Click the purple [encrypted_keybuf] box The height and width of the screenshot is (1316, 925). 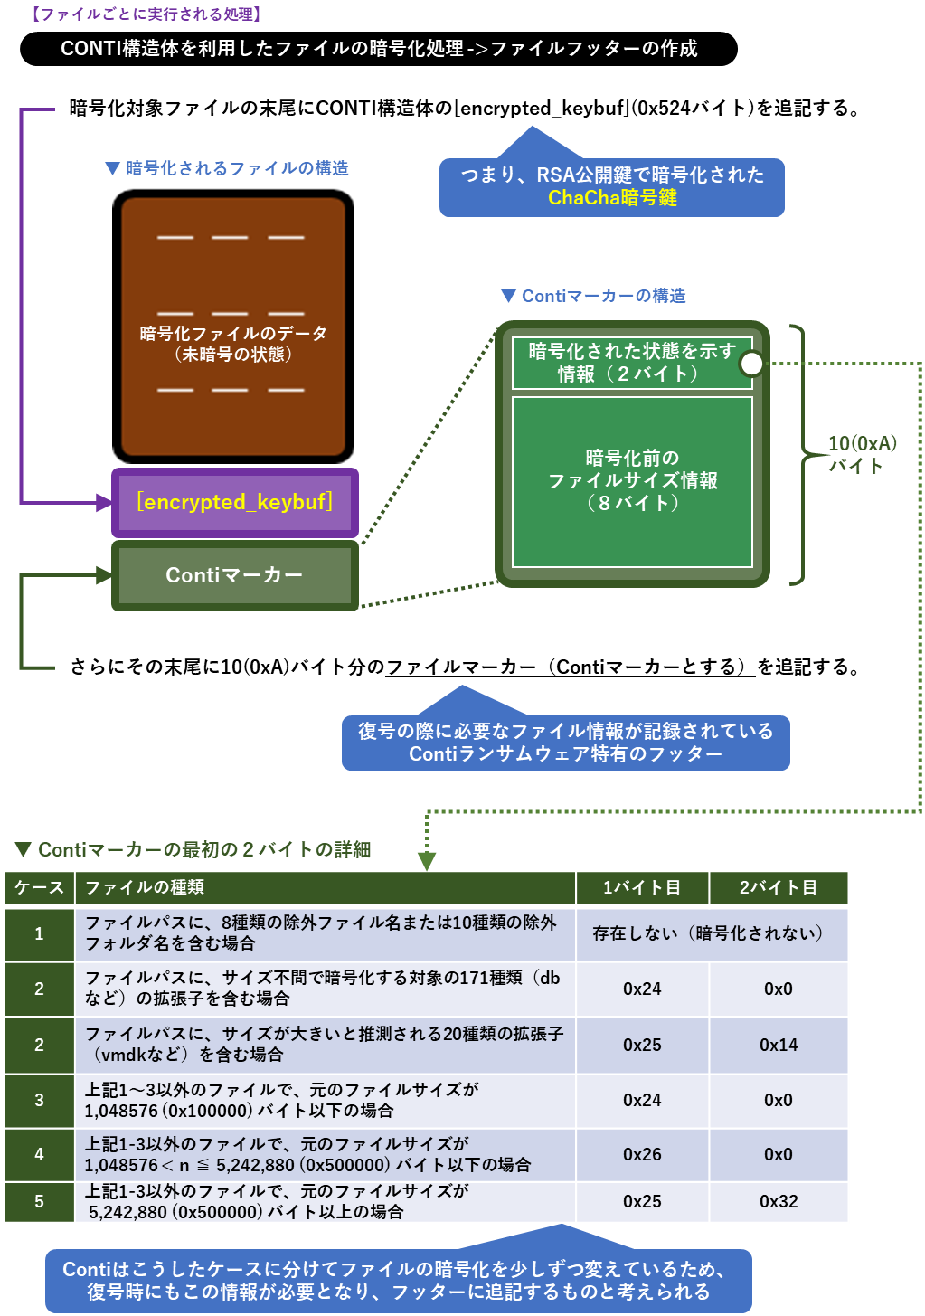coord(234,502)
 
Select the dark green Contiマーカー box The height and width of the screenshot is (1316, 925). coord(234,575)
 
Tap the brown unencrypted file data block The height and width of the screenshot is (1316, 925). coord(233,327)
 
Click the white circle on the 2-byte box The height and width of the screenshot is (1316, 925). coord(751,364)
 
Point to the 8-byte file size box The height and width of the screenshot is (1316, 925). coord(632,481)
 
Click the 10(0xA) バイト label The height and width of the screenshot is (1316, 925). coord(862,454)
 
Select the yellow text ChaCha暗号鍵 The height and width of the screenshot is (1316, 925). coord(612,198)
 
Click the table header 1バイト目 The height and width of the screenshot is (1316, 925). coord(642,887)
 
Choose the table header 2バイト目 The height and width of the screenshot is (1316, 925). coord(779,887)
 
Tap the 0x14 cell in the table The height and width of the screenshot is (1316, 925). coord(779,1045)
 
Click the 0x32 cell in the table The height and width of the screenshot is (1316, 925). coord(779,1201)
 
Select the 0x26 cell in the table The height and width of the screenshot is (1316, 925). coord(642,1154)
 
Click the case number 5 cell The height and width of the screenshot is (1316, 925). coord(39,1201)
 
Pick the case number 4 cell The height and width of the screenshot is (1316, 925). coord(39,1154)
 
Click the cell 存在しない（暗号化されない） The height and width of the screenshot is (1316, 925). coord(711,933)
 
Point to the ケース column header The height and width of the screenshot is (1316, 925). coord(39,887)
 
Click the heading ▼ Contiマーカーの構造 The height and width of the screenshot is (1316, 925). coord(593,296)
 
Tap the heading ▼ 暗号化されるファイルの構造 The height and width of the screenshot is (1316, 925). coord(226,168)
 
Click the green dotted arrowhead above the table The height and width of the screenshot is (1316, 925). coord(427,860)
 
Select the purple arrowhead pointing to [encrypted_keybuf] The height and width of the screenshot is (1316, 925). coord(103,502)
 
